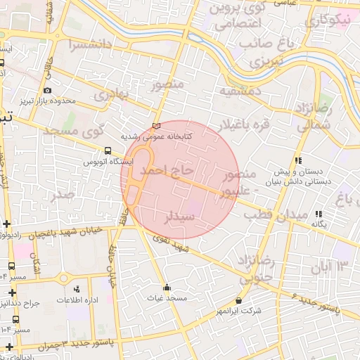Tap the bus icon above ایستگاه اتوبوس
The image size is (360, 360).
108,150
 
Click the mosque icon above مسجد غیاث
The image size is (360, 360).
167,287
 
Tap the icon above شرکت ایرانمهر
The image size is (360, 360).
239,301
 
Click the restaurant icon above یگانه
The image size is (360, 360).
319,214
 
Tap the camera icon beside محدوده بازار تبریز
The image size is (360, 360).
47,90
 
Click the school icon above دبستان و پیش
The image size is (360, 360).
299,160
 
